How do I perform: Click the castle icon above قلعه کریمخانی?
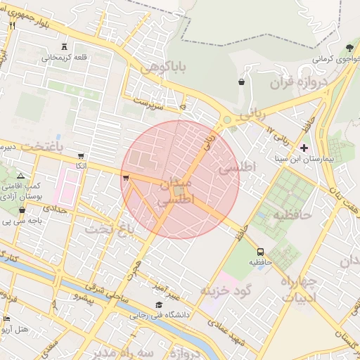pyautogui.click(x=65, y=46)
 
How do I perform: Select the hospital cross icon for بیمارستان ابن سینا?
pyautogui.click(x=304, y=148)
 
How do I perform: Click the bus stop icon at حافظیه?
pyautogui.click(x=261, y=251)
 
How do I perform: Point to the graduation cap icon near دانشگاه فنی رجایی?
pyautogui.click(x=160, y=305)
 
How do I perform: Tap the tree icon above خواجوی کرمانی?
pyautogui.click(x=349, y=47)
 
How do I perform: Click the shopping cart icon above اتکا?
pyautogui.click(x=81, y=156)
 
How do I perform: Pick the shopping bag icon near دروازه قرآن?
pyautogui.click(x=242, y=82)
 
